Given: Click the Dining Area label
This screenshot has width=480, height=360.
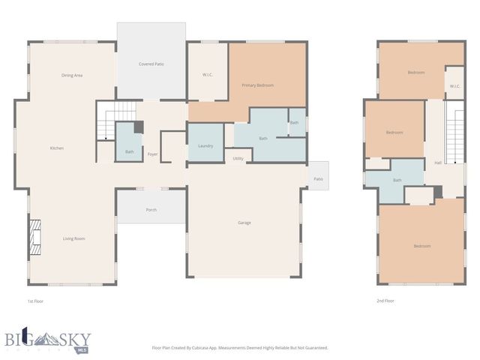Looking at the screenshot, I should point(72,75).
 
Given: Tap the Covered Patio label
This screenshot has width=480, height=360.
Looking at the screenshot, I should point(151,64).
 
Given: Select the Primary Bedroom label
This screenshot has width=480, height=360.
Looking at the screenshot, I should point(257,85).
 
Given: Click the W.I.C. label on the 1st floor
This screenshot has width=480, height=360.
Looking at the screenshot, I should point(208,74).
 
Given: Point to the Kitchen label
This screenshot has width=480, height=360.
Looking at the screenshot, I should point(57,148).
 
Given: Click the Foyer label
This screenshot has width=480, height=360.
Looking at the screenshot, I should point(152,154).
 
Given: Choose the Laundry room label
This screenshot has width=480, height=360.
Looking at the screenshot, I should point(205,145).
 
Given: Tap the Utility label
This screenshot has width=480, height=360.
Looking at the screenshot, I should point(238,158).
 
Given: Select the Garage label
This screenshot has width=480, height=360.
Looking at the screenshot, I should point(244,223).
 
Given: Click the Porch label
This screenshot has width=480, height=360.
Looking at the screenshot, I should point(151,210).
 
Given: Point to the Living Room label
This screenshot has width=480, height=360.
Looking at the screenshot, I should point(73,238).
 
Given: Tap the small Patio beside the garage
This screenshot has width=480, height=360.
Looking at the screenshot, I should point(318,178).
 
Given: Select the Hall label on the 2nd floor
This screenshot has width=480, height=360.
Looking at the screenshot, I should point(438,163).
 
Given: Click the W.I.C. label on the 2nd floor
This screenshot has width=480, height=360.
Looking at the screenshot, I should point(454,86).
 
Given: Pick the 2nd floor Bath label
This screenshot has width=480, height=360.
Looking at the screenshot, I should point(397,180).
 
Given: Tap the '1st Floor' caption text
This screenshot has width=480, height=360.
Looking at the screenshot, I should point(36,301).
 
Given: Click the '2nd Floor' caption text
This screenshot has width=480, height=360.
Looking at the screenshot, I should point(385,301).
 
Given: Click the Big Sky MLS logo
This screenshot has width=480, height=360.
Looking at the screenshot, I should point(46,340).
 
